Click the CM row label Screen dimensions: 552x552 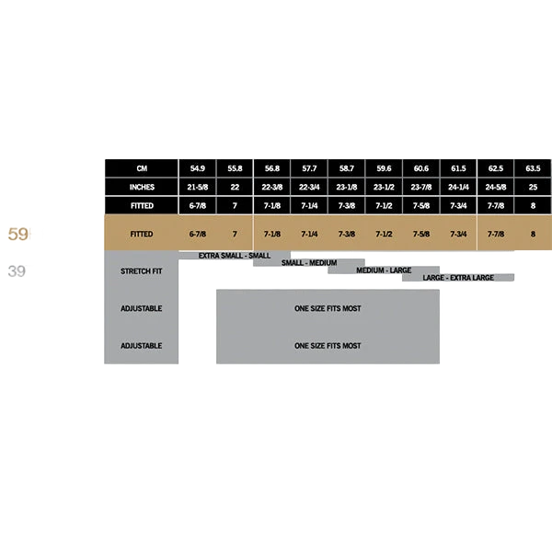pos(142,168)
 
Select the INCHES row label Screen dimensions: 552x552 pos(142,188)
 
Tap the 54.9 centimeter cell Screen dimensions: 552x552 pos(198,168)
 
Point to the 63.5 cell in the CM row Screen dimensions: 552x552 pos(533,168)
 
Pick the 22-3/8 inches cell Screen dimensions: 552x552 pos(272,188)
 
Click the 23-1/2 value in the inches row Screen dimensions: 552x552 pos(384,188)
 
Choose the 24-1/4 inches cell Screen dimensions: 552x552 pos(458,188)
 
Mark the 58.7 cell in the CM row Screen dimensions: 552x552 pos(347,168)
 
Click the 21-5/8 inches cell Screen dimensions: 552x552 pos(198,188)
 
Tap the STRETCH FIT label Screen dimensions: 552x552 pos(141,271)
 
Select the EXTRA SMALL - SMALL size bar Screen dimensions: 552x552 pos(235,256)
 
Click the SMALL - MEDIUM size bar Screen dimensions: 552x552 pos(309,262)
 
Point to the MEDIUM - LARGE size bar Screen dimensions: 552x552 pos(384,270)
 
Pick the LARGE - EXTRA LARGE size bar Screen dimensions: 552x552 pos(458,278)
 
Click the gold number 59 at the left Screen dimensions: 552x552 pos(17,234)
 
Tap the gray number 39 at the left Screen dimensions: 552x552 pos(17,271)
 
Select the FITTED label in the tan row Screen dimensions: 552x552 pos(141,234)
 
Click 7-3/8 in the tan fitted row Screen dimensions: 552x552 pos(347,234)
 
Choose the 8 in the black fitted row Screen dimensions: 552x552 pos(533,206)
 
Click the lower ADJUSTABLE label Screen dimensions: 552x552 pos(141,346)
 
